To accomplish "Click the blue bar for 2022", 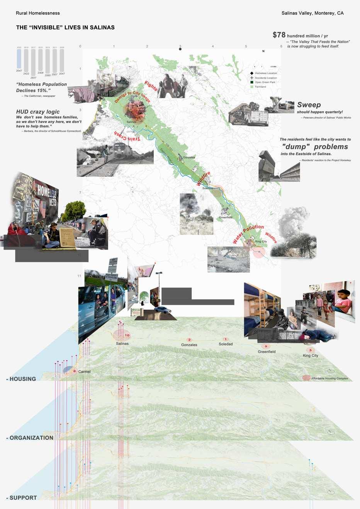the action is click(19, 59).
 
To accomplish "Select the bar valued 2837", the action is click(33, 62).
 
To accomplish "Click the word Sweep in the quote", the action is click(309, 105).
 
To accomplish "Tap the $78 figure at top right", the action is click(279, 35).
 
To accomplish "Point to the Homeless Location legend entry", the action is click(266, 73).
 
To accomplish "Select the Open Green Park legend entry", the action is click(265, 82).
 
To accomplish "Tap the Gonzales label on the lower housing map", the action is click(189, 345).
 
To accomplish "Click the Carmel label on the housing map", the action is click(84, 371).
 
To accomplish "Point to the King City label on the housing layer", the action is click(311, 356).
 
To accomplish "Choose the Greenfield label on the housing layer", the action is click(267, 352).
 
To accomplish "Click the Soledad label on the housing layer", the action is click(226, 344).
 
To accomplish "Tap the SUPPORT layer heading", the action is click(23, 498).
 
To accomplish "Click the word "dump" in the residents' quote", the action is click(296, 147).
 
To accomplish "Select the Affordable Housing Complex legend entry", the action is click(329, 378).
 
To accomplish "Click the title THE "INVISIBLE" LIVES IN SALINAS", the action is click(65, 27).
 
